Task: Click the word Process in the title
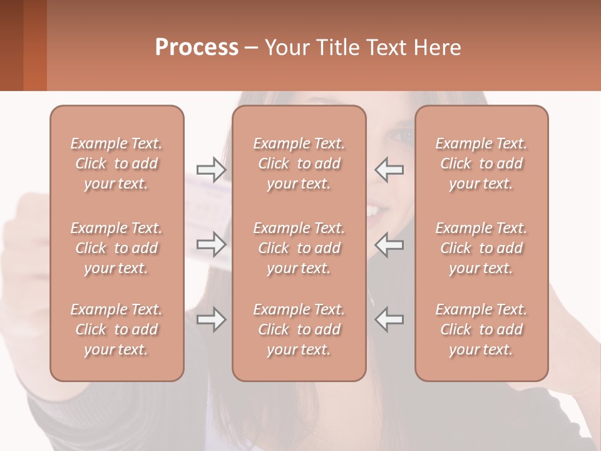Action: (197, 48)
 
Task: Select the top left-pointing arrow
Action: (389, 169)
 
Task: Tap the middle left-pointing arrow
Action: (389, 244)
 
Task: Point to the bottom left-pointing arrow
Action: (389, 319)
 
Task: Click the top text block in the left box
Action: (116, 163)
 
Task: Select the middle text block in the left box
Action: (116, 248)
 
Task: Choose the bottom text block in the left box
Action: (116, 329)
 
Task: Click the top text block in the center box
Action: (299, 163)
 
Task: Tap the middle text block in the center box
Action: (299, 248)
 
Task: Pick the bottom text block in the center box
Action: (299, 329)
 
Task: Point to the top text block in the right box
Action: (481, 163)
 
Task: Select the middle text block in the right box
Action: (481, 248)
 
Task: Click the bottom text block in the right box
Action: (481, 329)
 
